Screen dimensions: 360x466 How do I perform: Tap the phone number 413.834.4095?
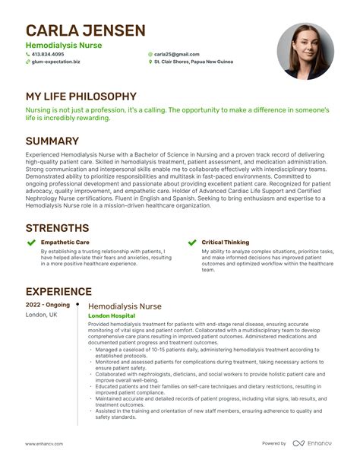[49, 55]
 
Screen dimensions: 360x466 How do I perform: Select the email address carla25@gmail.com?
[176, 55]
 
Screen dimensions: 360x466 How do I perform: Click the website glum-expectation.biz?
[57, 62]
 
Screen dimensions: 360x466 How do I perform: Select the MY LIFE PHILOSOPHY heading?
[81, 97]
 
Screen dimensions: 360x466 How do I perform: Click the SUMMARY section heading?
[52, 141]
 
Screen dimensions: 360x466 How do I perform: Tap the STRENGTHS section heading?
[57, 227]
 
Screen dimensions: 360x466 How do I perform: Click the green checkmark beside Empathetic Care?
[30, 243]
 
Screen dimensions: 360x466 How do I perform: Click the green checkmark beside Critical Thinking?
[191, 243]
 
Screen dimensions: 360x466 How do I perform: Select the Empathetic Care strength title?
[66, 243]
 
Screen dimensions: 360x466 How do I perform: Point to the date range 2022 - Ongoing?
[47, 305]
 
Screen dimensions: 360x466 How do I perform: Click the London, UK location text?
[41, 314]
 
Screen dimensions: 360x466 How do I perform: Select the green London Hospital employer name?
[112, 315]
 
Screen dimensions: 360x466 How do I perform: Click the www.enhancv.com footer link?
[44, 443]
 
